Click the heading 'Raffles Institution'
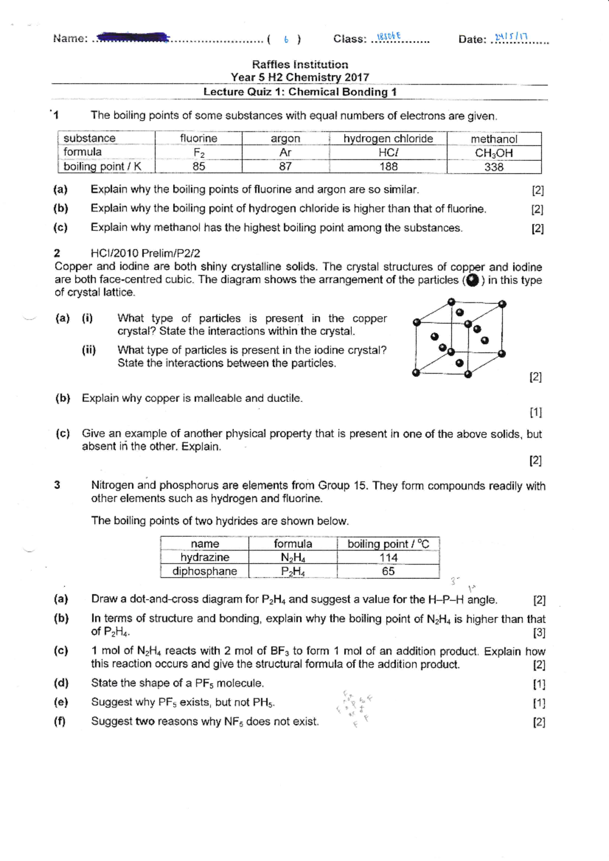pos(300,64)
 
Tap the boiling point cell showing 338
pos(493,167)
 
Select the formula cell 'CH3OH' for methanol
pos(493,153)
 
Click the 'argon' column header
pos(285,139)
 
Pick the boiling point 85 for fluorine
pos(198,166)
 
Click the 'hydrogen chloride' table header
pos(388,139)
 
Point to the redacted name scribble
pos(133,37)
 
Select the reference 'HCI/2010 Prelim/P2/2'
pos(145,253)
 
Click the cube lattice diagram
pos(459,339)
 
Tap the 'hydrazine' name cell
pos(205,557)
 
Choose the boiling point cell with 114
pos(388,557)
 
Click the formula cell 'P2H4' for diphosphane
pos(293,571)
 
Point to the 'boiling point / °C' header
pos(388,544)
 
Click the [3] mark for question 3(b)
pos(538,632)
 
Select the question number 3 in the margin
pos(57,485)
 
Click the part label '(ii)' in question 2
pos(89,350)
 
